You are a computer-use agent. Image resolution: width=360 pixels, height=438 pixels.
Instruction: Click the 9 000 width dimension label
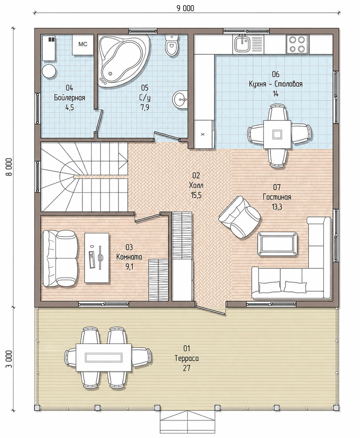[x=185, y=8]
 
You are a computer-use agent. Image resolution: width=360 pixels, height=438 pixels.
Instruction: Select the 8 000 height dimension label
[x=9, y=167]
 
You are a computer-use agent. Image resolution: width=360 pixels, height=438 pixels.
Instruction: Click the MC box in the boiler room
[x=83, y=44]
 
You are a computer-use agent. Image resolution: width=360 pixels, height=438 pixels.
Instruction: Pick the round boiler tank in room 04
[x=49, y=71]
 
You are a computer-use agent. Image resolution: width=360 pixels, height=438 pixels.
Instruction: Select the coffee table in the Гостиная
[x=277, y=244]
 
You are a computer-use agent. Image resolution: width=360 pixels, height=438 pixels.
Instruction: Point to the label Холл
[x=196, y=185]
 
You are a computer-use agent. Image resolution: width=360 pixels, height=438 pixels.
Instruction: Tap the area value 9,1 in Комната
[x=129, y=266]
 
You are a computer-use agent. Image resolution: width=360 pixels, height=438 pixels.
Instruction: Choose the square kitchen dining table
[x=277, y=134]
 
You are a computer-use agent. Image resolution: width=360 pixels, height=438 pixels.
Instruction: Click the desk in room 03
[x=97, y=257]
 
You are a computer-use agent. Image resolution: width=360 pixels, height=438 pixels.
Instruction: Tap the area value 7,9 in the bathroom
[x=145, y=107]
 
